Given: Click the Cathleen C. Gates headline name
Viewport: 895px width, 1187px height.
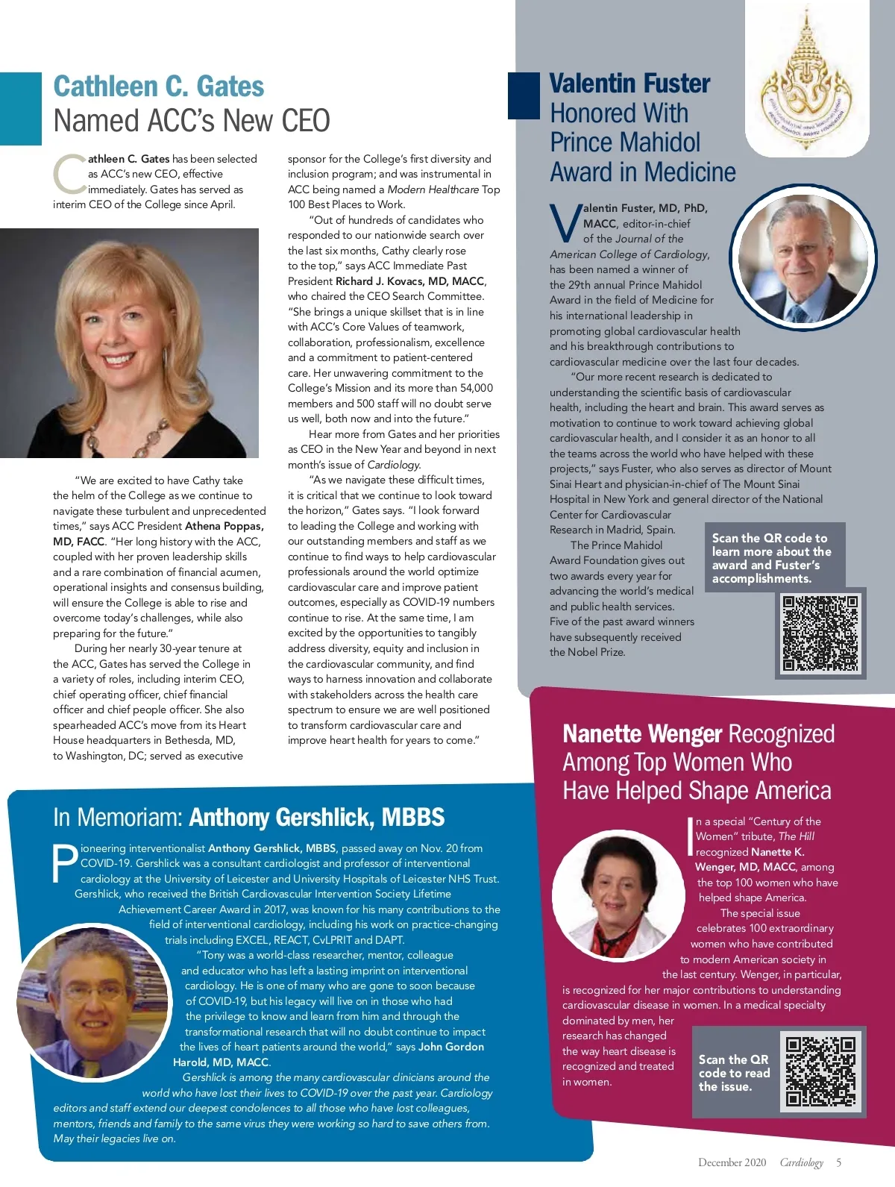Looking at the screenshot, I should [158, 87].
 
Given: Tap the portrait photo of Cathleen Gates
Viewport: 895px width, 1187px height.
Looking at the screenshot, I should [129, 342].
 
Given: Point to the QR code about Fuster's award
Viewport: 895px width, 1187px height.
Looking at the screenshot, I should [820, 633].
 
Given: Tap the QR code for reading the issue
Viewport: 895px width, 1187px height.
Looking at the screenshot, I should [821, 1071].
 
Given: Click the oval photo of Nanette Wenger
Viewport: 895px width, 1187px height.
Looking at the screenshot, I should [617, 895].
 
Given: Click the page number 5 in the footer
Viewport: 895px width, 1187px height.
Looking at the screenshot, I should [838, 1162].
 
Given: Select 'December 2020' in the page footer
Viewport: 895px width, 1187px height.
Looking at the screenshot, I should [732, 1162].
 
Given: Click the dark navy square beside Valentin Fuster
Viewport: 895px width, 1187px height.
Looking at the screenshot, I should [523, 95].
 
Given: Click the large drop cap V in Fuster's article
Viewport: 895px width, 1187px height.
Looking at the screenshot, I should [565, 223].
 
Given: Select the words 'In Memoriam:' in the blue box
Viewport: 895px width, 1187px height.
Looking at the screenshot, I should [118, 818].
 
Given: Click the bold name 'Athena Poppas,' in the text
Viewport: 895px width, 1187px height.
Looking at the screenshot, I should [224, 526].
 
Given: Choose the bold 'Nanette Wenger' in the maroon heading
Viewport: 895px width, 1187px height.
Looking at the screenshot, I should [642, 734].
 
